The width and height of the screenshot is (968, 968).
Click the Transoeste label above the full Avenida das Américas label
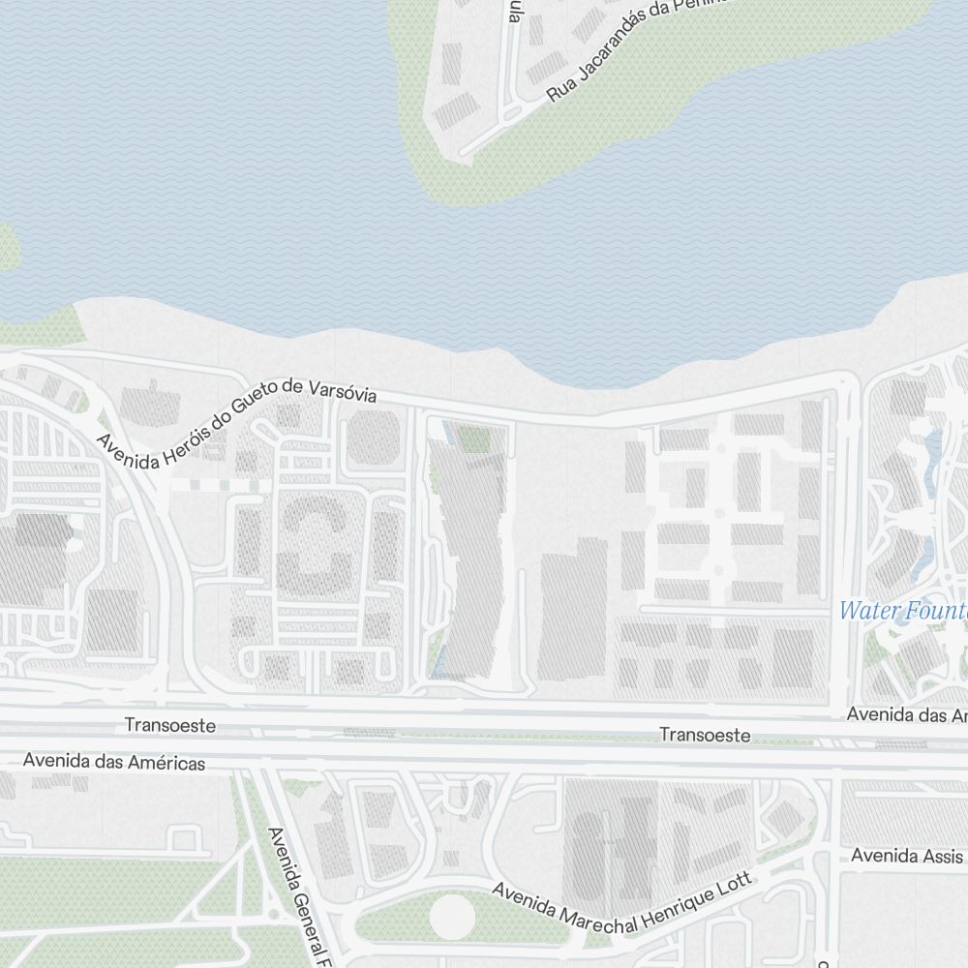pos(170,725)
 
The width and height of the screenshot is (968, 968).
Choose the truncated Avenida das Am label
pos(907,715)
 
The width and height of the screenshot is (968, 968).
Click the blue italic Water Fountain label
pos(903,612)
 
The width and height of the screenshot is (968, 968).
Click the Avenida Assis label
pos(908,857)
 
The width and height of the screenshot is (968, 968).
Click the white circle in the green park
pos(452,916)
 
